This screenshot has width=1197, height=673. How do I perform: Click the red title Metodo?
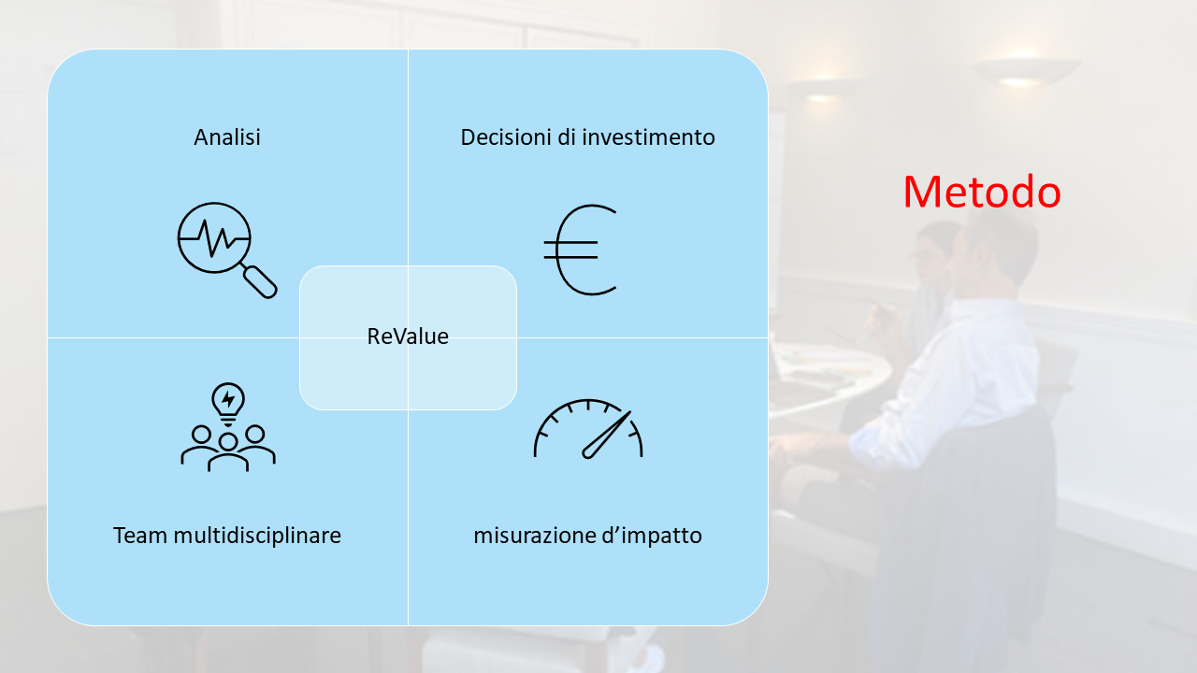pos(982,192)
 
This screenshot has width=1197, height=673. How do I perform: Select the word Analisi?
pos(227,137)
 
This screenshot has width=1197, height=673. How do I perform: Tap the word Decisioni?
pos(506,137)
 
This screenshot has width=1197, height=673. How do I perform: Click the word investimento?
pos(648,137)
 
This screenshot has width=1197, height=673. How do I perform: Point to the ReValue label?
pos(408,336)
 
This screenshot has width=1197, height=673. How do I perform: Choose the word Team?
pos(140,536)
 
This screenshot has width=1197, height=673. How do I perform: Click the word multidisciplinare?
pos(257,536)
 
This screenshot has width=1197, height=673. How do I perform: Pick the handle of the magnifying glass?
pos(260,281)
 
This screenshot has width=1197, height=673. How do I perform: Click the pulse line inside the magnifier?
pos(214,238)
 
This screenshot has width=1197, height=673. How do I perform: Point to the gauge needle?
pos(607,435)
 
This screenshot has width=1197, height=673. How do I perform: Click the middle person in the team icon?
pos(228,453)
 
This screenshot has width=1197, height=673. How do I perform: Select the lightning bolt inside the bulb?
pos(228,399)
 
